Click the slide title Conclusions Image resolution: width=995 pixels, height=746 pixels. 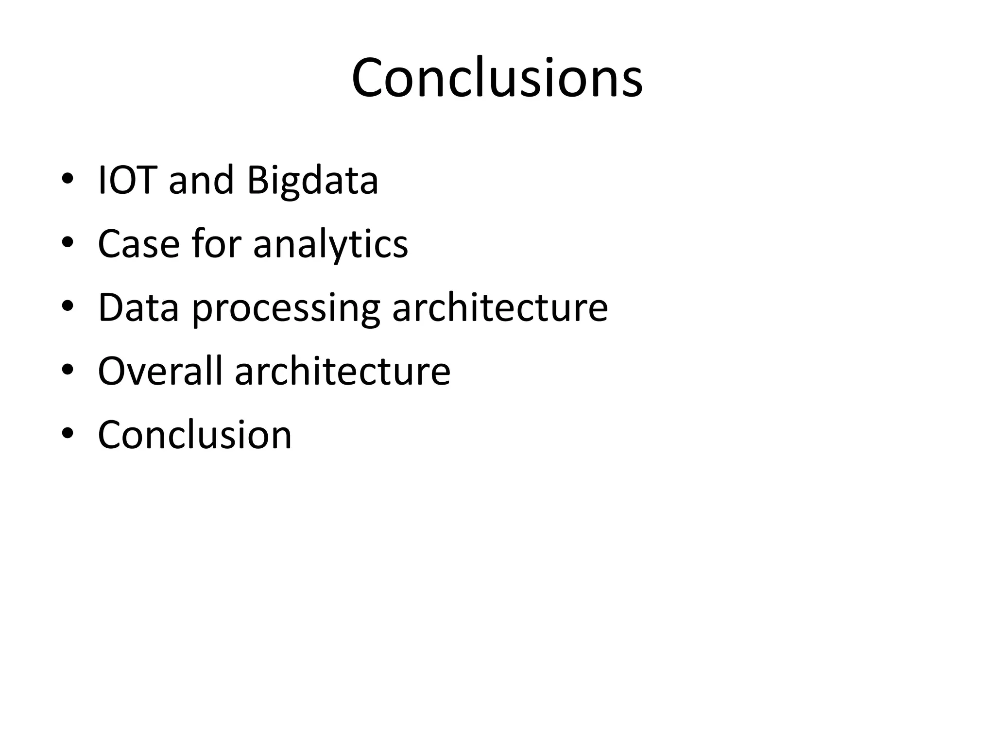pyautogui.click(x=497, y=78)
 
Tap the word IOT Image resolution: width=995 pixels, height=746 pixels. pyautogui.click(x=127, y=180)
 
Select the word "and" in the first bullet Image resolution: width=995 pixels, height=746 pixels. pyautogui.click(x=201, y=180)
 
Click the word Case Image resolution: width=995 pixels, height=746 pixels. pyautogui.click(x=138, y=244)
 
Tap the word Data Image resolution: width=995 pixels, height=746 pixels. pyautogui.click(x=138, y=307)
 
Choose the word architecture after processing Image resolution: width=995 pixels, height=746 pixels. pyautogui.click(x=500, y=307)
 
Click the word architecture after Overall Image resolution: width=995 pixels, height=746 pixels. pyautogui.click(x=343, y=371)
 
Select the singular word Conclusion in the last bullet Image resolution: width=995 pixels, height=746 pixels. pyautogui.click(x=194, y=434)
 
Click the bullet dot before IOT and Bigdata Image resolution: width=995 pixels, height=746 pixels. pyautogui.click(x=67, y=179)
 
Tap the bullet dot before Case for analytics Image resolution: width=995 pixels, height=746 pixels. pyautogui.click(x=67, y=243)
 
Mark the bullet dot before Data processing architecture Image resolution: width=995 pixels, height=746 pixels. pyautogui.click(x=67, y=306)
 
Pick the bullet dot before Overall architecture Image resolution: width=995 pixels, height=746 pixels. pyautogui.click(x=67, y=370)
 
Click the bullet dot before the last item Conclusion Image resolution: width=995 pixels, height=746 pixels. pyautogui.click(x=67, y=434)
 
